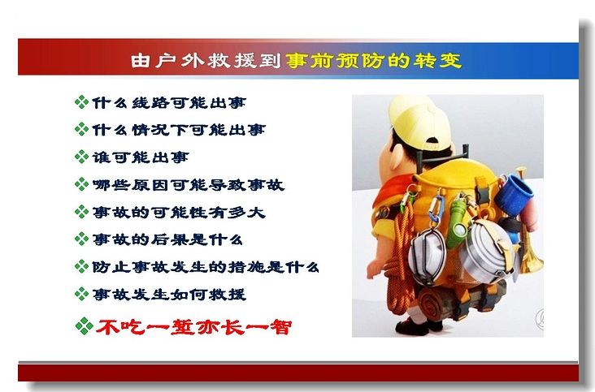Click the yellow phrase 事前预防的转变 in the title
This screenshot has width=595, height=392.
coord(373,61)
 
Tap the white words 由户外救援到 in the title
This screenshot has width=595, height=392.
coord(206,61)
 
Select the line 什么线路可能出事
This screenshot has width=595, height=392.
coord(169,102)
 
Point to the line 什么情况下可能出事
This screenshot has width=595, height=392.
coord(179,130)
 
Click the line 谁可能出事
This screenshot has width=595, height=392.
coord(141,157)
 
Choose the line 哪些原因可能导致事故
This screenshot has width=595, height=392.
coord(189,185)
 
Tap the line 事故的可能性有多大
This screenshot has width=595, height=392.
coord(179,212)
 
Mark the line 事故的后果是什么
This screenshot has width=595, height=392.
coord(167,239)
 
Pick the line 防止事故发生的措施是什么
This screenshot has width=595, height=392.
coord(206,267)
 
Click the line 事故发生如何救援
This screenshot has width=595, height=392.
coord(169,295)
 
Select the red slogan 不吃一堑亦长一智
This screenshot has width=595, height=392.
coord(194,327)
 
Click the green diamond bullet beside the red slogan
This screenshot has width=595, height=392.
coord(85,326)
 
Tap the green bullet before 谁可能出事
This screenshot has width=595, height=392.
coord(81,157)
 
